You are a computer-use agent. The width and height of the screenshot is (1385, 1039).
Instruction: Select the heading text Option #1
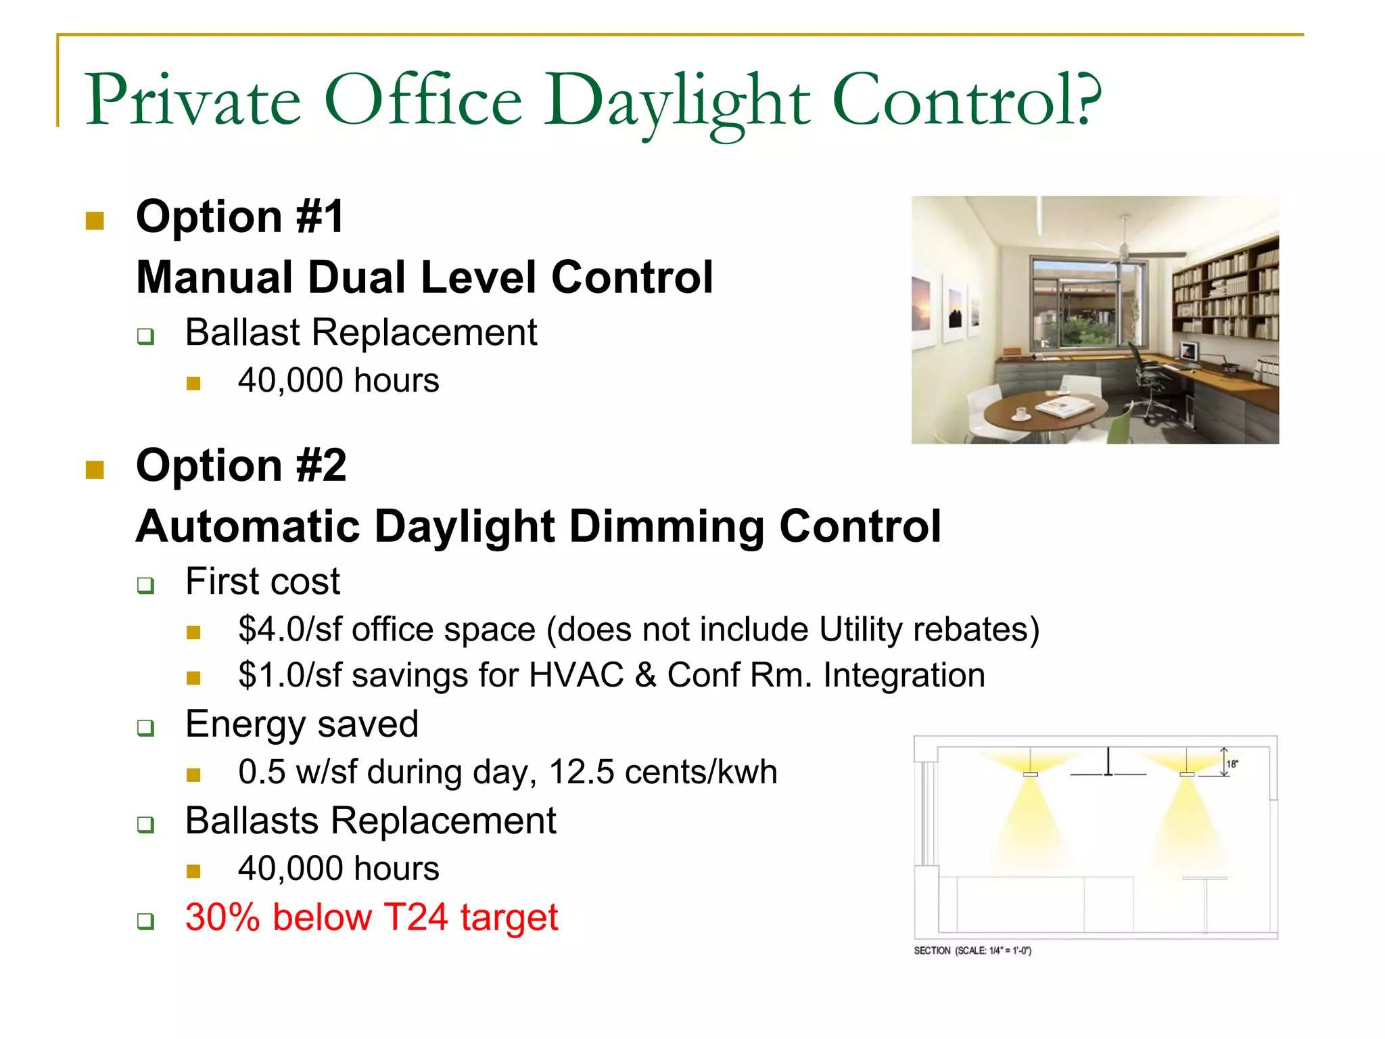(240, 217)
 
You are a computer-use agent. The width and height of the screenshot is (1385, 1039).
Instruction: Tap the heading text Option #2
(241, 466)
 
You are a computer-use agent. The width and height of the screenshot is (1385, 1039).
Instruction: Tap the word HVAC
(576, 676)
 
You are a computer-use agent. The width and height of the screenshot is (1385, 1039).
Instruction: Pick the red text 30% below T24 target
(371, 918)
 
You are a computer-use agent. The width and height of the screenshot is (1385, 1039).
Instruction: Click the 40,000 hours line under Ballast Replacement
(338, 381)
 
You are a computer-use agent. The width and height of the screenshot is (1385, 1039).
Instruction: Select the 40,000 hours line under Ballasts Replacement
(338, 869)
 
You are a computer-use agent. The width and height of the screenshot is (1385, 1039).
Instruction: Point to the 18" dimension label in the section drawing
(1232, 764)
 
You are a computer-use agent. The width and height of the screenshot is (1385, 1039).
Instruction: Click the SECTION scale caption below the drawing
(972, 950)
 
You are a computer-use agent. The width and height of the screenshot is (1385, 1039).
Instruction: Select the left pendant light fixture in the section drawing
(1030, 773)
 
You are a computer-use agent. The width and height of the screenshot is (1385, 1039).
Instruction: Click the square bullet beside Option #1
(95, 221)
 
